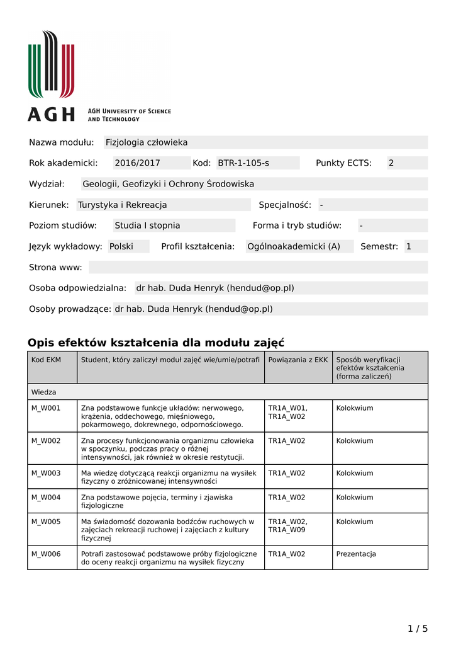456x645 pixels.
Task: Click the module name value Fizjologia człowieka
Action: (147, 142)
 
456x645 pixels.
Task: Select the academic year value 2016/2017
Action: (137, 163)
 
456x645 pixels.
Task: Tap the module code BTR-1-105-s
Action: (243, 163)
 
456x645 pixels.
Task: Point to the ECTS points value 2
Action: (391, 163)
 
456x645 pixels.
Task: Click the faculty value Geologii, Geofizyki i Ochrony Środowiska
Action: (169, 184)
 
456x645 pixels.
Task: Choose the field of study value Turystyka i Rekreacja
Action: (123, 205)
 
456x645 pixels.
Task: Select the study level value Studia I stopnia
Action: (147, 225)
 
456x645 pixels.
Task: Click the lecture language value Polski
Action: (121, 246)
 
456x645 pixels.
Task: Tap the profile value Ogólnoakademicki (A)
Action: (294, 246)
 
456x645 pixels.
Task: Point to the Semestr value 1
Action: (409, 246)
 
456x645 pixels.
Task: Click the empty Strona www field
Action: (258, 267)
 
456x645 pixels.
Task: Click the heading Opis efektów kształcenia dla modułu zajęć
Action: (156, 343)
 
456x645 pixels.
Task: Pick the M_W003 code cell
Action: (46, 473)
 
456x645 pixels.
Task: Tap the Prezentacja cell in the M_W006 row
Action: (356, 554)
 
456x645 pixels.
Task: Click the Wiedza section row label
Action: (44, 392)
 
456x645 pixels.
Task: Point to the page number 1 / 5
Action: (418, 628)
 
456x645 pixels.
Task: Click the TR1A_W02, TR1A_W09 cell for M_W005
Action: (288, 525)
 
